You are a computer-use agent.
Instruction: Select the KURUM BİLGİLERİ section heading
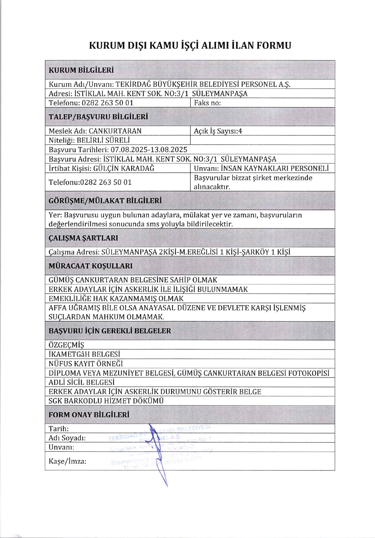point(81,70)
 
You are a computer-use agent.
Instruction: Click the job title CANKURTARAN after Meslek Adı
point(115,131)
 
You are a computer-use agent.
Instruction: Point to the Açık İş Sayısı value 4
point(240,131)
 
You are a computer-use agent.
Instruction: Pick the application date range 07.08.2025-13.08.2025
point(149,150)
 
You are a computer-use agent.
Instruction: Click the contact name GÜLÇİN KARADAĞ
point(124,168)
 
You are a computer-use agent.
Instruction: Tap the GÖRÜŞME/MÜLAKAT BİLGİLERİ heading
point(105,201)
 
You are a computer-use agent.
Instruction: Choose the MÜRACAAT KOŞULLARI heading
point(90,266)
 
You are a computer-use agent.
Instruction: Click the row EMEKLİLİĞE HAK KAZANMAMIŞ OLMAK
point(116,298)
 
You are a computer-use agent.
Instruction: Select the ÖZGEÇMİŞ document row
point(66,345)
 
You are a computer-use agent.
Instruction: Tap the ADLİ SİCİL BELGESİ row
point(81,382)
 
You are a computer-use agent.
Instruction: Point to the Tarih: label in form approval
point(59,429)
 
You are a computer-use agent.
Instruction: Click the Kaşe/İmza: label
point(67,462)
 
